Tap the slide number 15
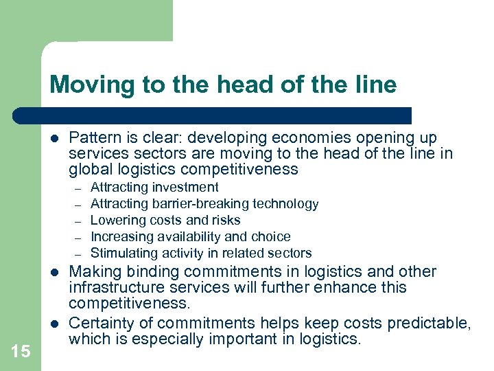[21, 351]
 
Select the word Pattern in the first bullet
[93, 137]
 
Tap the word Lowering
[117, 220]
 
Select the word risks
[225, 220]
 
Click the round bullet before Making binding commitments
[54, 271]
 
